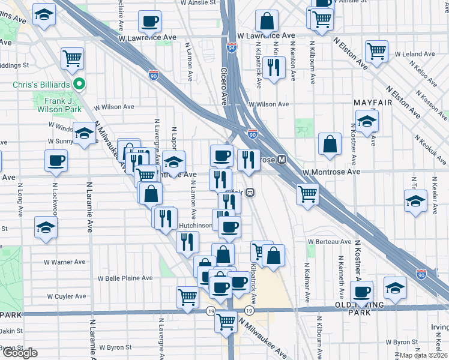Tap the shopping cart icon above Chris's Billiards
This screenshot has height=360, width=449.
tap(73, 58)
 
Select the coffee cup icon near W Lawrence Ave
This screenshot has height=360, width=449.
tap(149, 22)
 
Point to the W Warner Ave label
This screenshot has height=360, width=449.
tap(65, 262)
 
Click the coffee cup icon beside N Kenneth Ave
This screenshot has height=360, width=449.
tap(361, 292)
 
